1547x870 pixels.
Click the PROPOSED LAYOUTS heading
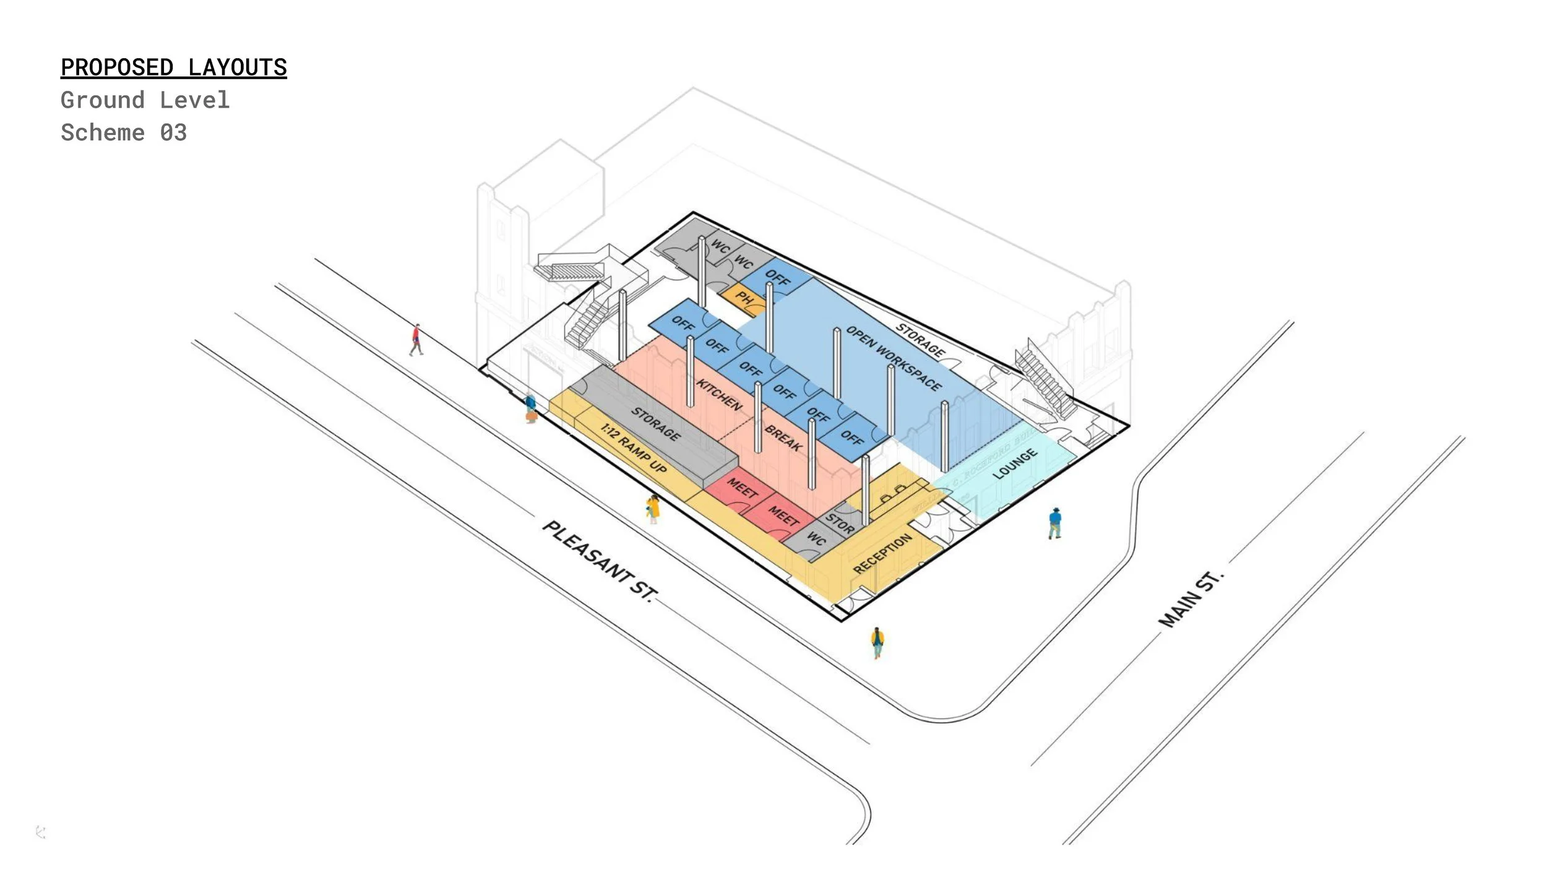click(173, 67)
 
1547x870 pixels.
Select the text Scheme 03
click(123, 132)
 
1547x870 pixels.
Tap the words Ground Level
click(145, 100)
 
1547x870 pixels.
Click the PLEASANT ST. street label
click(598, 561)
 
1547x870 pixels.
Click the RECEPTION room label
click(882, 553)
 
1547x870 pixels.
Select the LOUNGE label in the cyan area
click(1015, 463)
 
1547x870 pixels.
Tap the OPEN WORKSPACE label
click(893, 358)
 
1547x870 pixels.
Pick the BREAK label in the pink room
click(783, 438)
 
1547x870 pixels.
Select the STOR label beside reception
click(840, 523)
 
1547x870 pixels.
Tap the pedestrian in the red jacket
click(416, 339)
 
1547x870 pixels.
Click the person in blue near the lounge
click(1054, 523)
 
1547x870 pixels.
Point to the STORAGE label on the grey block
click(655, 424)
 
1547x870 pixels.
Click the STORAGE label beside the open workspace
click(920, 340)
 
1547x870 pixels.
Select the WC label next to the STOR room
click(816, 539)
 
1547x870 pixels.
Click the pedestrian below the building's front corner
click(877, 642)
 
